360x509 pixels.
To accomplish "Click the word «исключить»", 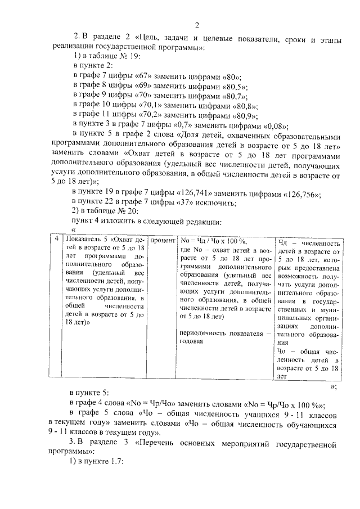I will [x=202, y=203].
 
